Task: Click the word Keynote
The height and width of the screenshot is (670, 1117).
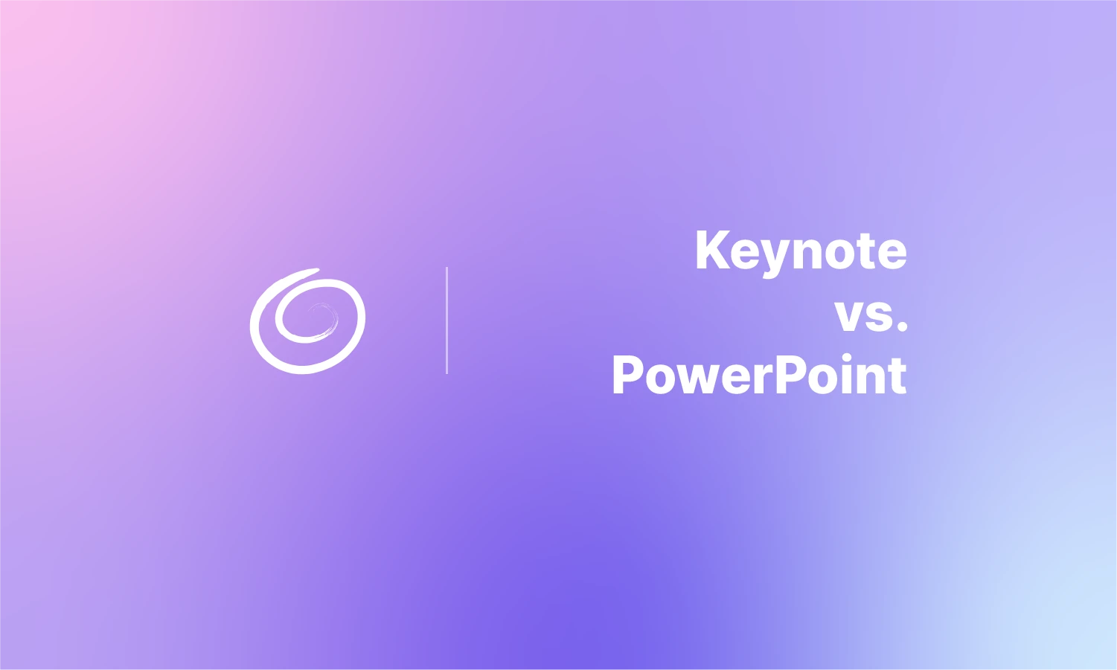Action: click(x=801, y=251)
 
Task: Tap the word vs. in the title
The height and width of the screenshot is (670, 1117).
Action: click(x=871, y=315)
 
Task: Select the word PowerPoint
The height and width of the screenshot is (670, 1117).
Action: click(x=759, y=375)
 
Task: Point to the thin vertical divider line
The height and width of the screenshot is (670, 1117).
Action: click(x=447, y=320)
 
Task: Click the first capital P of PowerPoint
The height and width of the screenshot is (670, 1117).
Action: click(x=628, y=375)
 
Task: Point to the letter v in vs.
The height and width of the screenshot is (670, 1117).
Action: click(x=851, y=316)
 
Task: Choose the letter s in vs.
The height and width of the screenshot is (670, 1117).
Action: click(x=880, y=316)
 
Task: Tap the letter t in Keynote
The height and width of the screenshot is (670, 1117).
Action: click(x=866, y=251)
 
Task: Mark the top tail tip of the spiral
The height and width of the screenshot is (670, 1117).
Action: click(x=319, y=269)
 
